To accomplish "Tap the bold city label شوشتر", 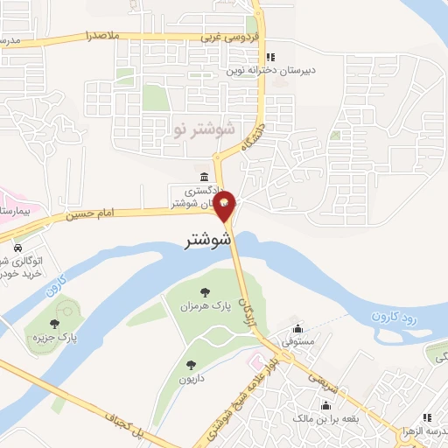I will click(x=208, y=240).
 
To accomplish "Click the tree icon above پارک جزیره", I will click(x=55, y=324).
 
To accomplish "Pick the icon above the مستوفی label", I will click(x=300, y=329).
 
